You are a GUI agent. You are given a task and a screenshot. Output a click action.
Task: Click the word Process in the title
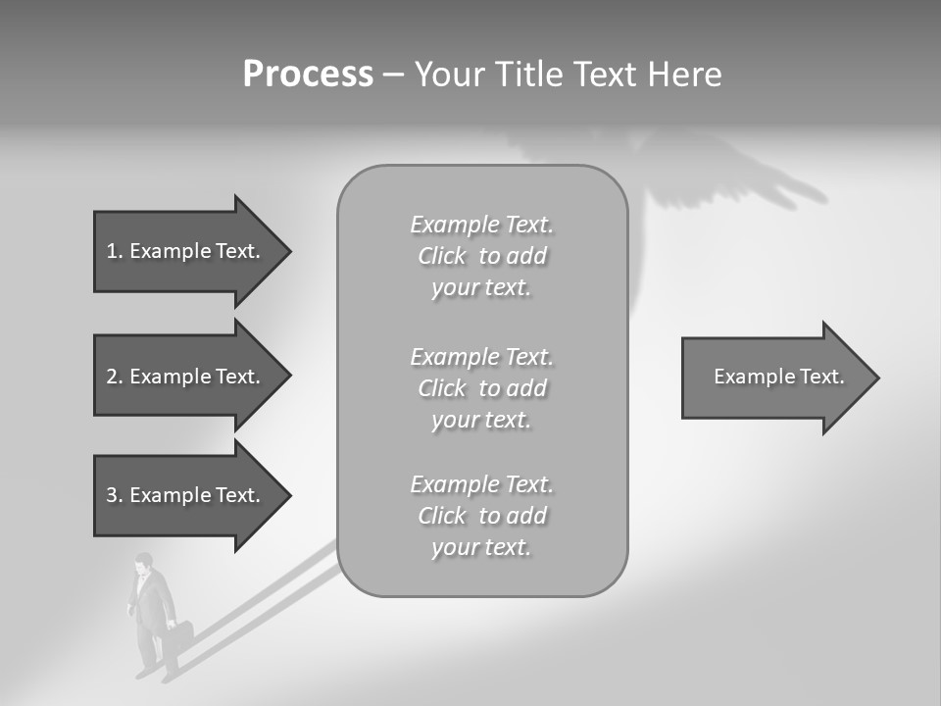click(308, 75)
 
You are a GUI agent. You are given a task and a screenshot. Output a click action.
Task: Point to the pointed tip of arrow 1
click(286, 251)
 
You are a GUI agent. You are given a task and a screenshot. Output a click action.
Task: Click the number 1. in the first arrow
click(114, 251)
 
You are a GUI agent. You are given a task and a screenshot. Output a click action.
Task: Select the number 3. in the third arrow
click(114, 495)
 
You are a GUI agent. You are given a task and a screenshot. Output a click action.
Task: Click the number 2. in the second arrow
click(114, 377)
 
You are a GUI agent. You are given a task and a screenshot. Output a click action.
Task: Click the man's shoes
click(157, 674)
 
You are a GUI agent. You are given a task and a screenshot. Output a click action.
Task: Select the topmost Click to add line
click(481, 257)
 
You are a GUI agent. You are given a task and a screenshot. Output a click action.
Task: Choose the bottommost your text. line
click(481, 547)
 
